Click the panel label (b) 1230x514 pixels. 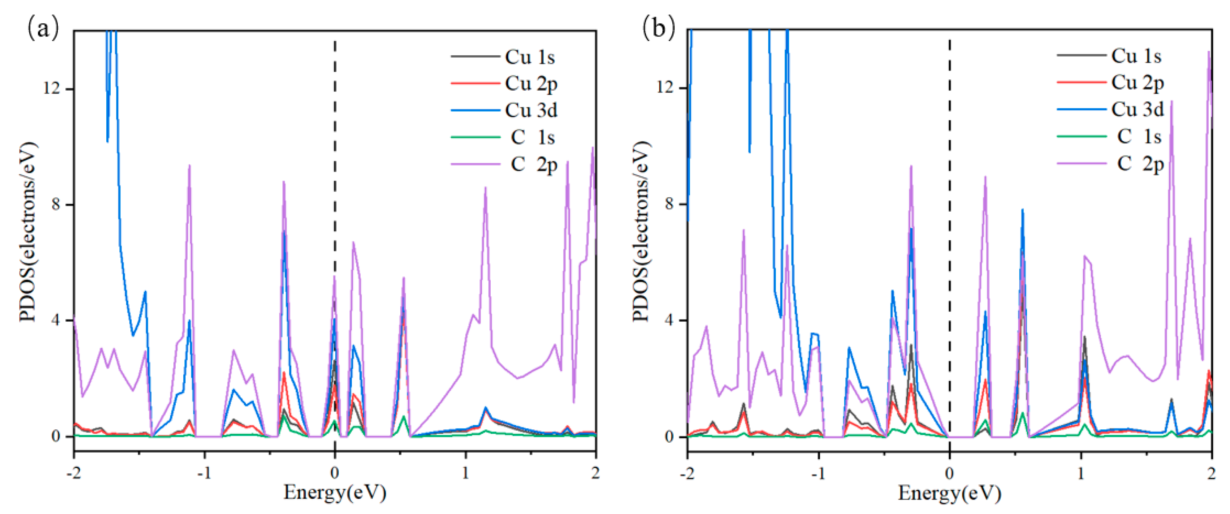tap(658, 28)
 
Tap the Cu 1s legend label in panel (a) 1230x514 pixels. tap(530, 57)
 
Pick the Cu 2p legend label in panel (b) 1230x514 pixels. tap(1137, 83)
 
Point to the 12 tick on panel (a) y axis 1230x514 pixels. tap(53, 88)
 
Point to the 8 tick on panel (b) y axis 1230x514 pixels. tap(668, 204)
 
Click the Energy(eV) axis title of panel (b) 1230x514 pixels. tap(949, 492)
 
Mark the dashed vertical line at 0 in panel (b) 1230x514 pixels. tap(949, 239)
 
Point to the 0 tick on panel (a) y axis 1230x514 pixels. tap(56, 436)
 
